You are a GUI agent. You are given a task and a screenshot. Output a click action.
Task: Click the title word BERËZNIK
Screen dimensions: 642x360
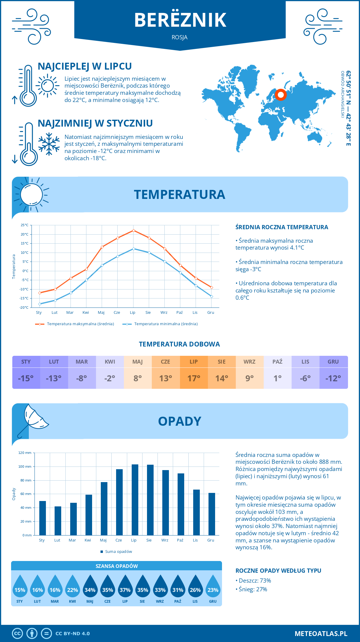(180, 20)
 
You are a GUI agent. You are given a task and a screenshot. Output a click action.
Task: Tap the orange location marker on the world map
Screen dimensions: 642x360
(280, 95)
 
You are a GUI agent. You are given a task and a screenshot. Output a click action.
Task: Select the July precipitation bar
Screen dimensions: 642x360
(135, 500)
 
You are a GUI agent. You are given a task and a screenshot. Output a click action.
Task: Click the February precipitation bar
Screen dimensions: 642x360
(58, 521)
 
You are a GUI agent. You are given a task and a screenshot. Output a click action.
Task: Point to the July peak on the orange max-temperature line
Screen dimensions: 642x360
(133, 230)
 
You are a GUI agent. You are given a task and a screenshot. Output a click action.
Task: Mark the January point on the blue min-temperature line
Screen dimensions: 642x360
(40, 304)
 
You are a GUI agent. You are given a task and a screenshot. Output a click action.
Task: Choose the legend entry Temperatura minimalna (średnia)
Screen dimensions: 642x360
(166, 324)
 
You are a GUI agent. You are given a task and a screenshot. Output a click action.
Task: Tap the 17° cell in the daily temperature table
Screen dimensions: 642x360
(194, 378)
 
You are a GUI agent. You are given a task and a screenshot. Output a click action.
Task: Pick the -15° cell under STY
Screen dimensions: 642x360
(26, 378)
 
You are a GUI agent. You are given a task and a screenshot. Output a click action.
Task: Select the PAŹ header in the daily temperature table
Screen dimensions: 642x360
(277, 362)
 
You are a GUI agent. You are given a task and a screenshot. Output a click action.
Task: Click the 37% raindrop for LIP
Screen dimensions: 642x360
(125, 587)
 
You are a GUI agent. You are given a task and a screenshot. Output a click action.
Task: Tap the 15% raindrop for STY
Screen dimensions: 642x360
(20, 587)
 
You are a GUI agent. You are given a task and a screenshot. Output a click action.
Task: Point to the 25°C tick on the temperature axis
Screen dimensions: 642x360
(25, 225)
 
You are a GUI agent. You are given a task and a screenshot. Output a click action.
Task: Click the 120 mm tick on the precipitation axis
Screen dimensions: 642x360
(25, 453)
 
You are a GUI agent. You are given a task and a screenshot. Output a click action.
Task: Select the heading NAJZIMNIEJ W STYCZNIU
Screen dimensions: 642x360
(95, 123)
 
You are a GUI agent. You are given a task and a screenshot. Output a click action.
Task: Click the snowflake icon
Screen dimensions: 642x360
(49, 144)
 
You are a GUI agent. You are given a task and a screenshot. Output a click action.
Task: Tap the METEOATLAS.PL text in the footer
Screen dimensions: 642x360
(321, 634)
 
